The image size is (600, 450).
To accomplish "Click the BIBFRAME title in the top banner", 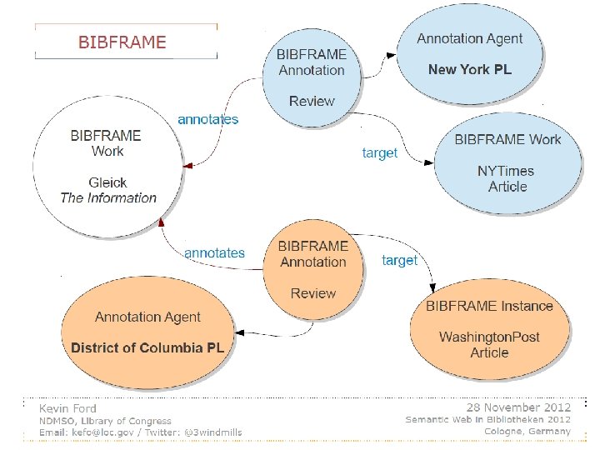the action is (122, 42).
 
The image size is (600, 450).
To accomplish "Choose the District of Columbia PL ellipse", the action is (147, 332).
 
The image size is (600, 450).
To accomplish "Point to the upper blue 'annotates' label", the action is (207, 119).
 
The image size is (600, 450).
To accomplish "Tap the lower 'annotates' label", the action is (214, 252).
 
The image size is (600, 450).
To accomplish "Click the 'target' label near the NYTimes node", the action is (379, 152).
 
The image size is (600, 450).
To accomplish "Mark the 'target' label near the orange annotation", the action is (399, 260).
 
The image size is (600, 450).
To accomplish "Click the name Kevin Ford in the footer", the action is (67, 408).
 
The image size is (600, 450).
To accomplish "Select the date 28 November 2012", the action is (518, 407).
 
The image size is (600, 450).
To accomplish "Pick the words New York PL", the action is (469, 69).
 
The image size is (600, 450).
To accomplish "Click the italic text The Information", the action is (108, 197).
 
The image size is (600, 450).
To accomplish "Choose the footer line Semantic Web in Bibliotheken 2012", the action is (487, 419).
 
